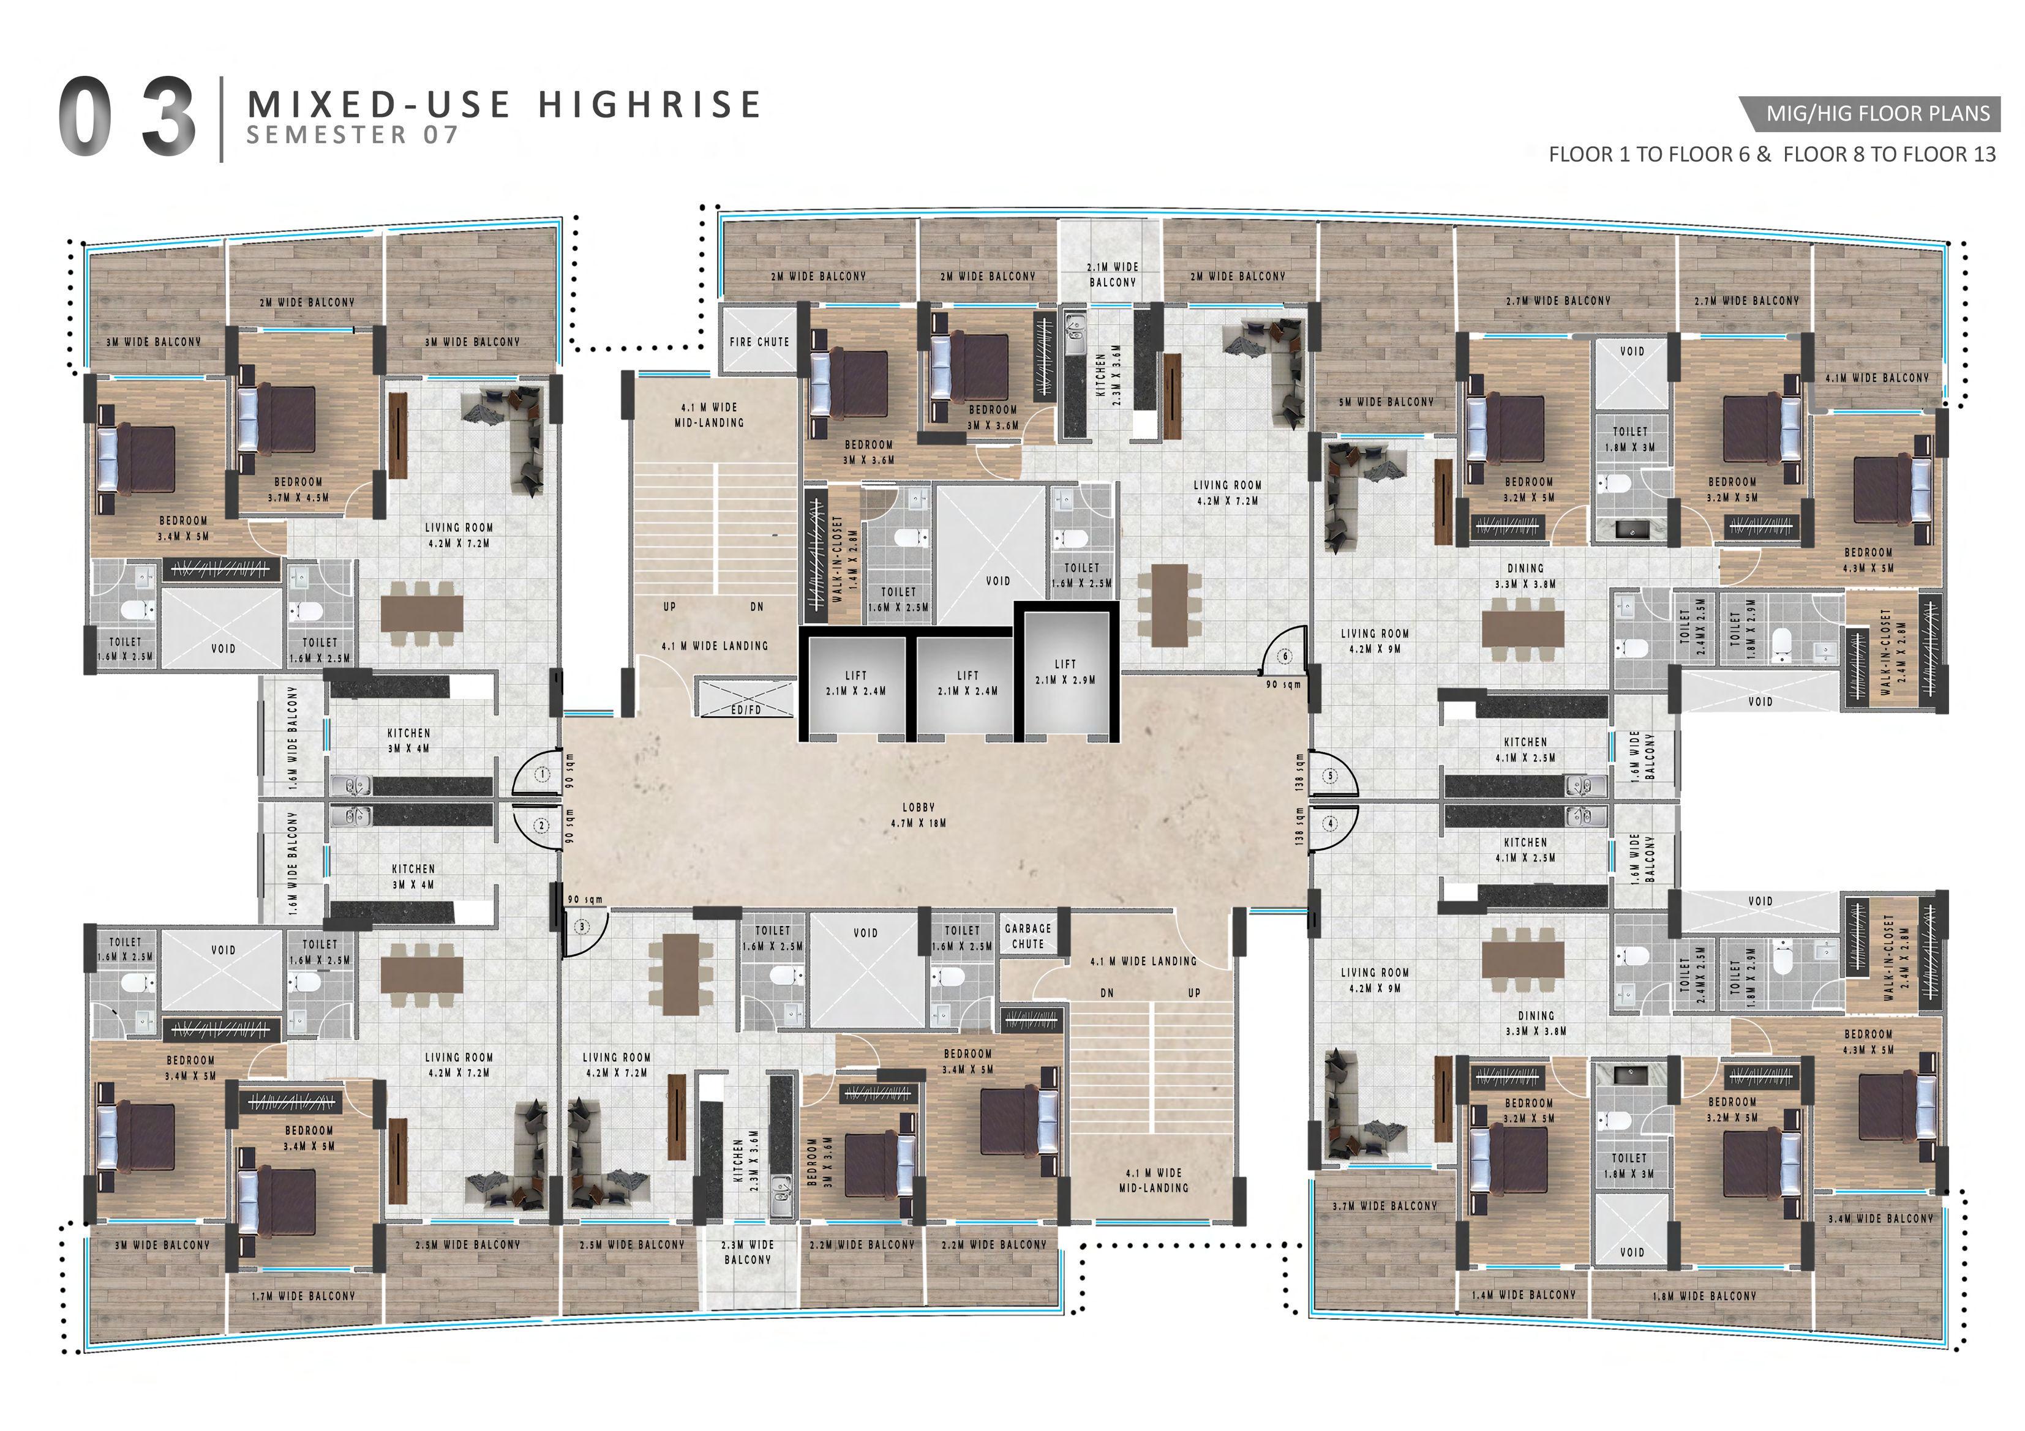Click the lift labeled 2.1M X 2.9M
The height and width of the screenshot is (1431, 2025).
pyautogui.click(x=1065, y=672)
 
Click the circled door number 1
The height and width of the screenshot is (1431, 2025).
pyautogui.click(x=543, y=775)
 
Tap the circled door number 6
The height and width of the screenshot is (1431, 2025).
pyautogui.click(x=1286, y=656)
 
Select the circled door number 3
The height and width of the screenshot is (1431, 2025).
pyautogui.click(x=582, y=927)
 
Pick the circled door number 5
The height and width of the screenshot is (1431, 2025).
pyautogui.click(x=1330, y=776)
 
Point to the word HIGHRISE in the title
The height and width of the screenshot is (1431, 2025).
pyautogui.click(x=650, y=104)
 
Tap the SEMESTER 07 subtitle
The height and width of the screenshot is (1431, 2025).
pyautogui.click(x=353, y=135)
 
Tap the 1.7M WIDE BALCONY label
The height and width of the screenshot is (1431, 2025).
pyautogui.click(x=303, y=1296)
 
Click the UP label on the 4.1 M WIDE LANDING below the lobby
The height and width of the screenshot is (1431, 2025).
pyautogui.click(x=1194, y=993)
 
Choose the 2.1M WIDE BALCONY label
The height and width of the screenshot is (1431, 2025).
pyautogui.click(x=1113, y=274)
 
